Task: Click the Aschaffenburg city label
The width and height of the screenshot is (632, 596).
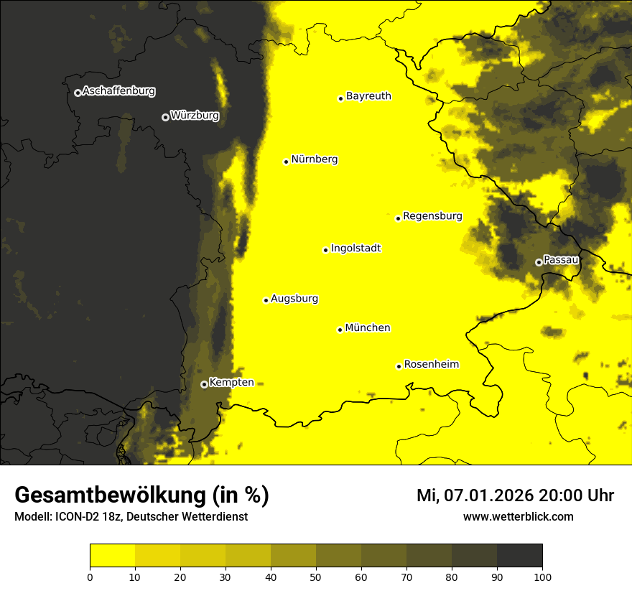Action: point(118,91)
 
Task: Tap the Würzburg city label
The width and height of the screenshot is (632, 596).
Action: point(195,116)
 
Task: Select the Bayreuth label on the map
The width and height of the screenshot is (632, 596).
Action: point(368,96)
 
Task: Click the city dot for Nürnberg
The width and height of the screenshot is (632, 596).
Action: point(286,162)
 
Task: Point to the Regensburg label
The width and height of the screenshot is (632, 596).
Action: point(432,216)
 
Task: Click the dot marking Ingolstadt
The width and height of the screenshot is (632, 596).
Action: point(325,250)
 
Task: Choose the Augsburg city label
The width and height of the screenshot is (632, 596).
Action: point(294,299)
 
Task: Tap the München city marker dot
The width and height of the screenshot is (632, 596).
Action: point(340,330)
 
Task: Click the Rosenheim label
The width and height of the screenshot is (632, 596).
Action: point(431,365)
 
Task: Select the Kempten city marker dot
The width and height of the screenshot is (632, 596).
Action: point(204,384)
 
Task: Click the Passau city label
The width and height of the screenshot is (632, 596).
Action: point(561,260)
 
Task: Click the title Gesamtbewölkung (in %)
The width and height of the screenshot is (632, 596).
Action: point(141,495)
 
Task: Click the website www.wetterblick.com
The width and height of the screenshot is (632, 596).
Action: point(518,516)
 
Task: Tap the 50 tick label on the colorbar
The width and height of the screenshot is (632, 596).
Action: point(316,577)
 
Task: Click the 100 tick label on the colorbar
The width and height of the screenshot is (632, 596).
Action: point(542,577)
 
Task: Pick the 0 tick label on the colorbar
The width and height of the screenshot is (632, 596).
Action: point(90,577)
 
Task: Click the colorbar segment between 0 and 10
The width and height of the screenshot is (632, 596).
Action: point(112,556)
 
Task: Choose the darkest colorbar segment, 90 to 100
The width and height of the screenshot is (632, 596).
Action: point(519,556)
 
